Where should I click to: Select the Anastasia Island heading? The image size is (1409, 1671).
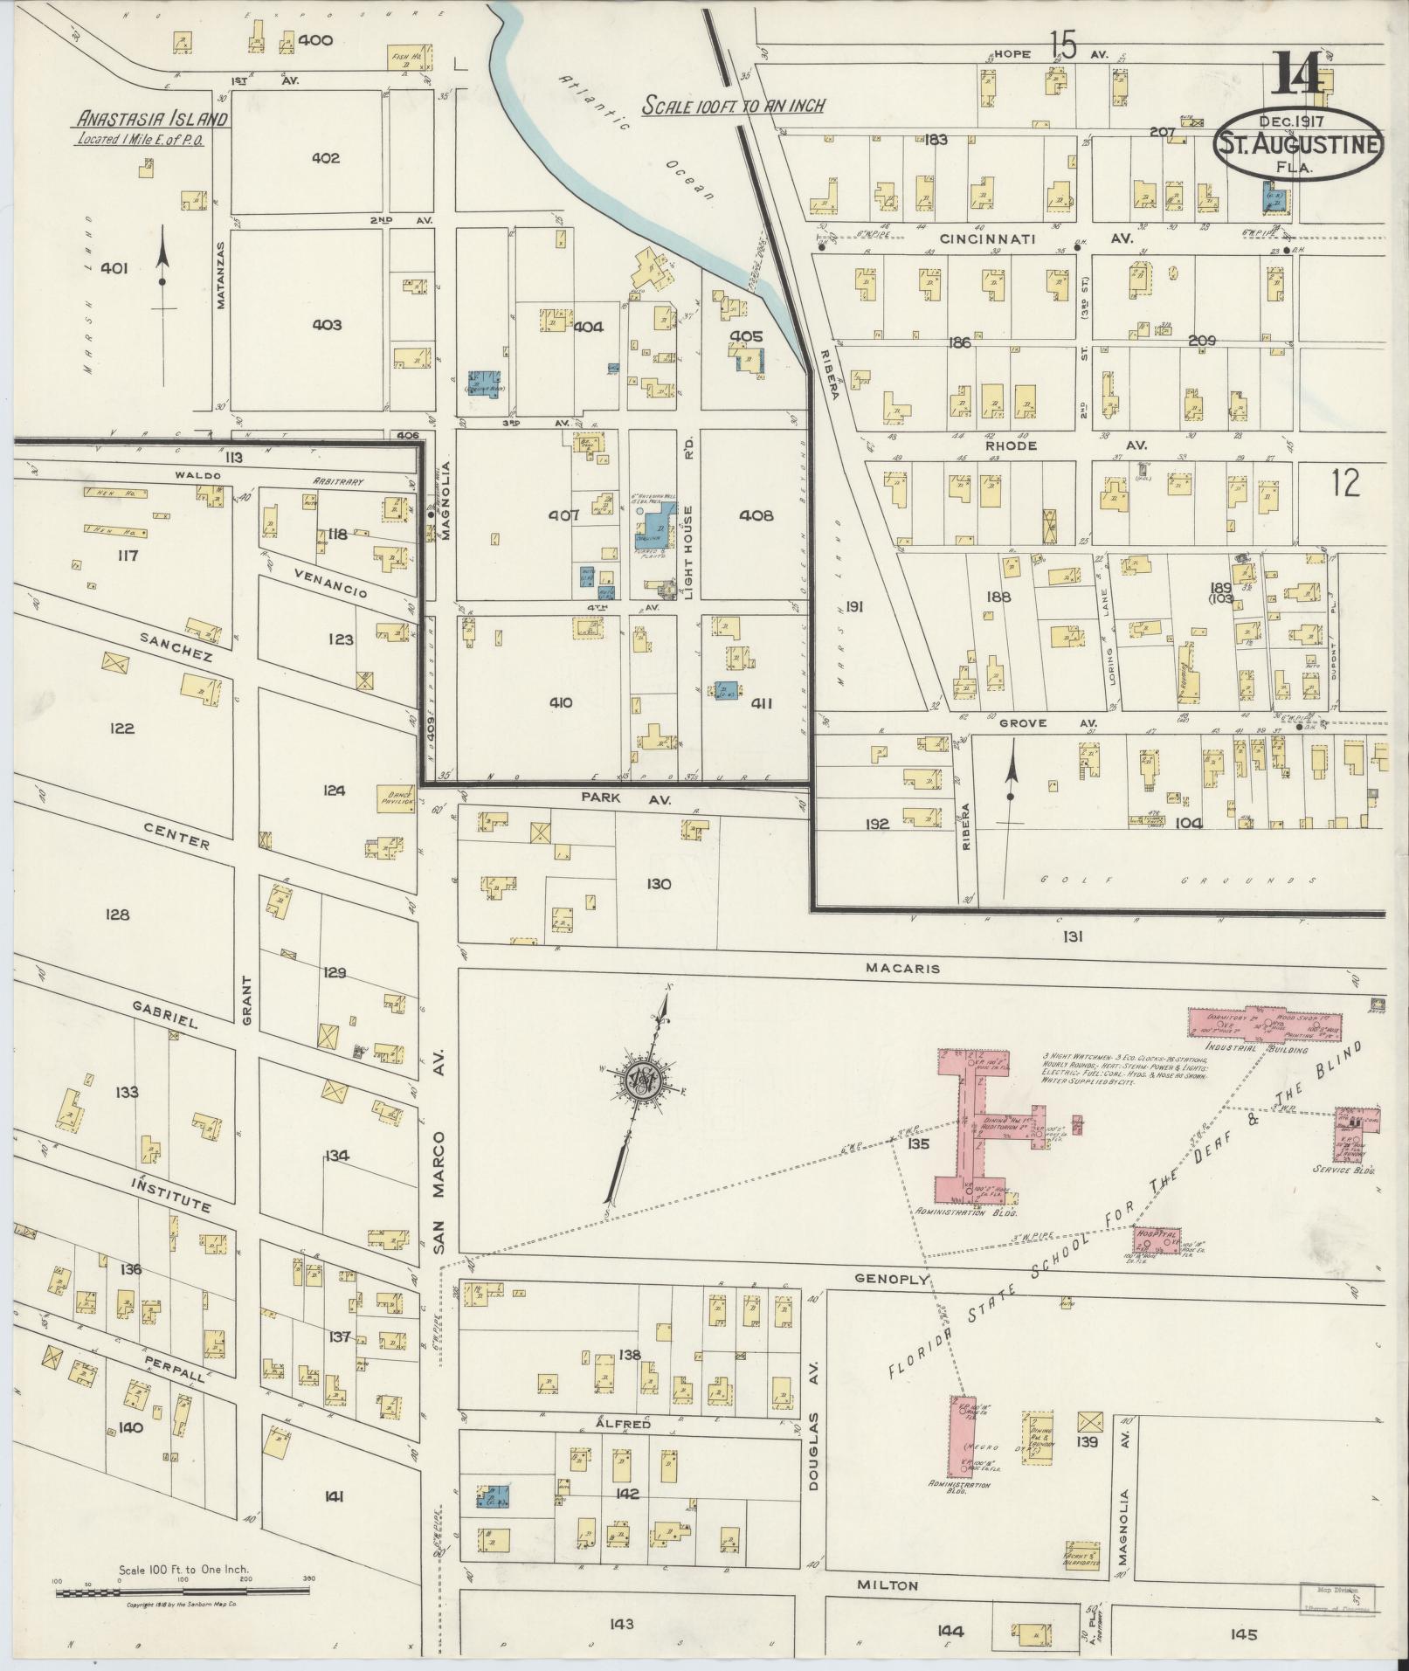tap(152, 120)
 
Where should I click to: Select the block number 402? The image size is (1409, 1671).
tap(324, 158)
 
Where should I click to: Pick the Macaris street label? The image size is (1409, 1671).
tap(889, 968)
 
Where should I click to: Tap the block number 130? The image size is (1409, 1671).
tap(659, 884)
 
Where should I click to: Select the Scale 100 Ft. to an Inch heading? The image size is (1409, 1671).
tap(734, 106)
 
